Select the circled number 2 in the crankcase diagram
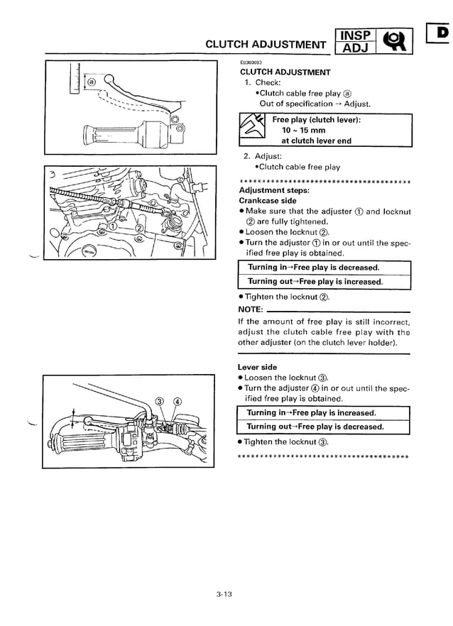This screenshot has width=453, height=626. click(x=139, y=227)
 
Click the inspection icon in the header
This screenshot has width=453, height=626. click(x=395, y=42)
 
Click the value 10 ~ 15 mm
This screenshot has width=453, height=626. click(x=304, y=131)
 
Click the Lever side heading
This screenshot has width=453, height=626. click(x=257, y=367)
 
